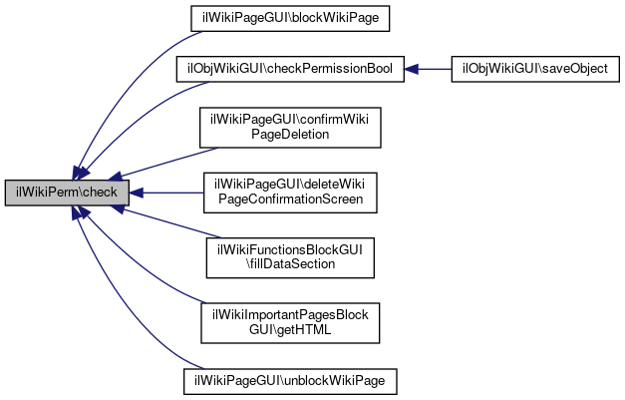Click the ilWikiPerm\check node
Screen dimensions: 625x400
[x=67, y=194]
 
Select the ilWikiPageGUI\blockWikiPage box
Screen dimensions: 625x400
[x=290, y=18]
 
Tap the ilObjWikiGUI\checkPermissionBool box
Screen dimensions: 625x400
[x=290, y=70]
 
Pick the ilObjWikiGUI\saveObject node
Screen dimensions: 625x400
[x=535, y=70]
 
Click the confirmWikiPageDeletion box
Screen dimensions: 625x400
[x=290, y=128]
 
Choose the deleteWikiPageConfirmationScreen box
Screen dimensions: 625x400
[x=290, y=193]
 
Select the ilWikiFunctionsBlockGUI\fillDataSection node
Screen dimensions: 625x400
[x=290, y=257]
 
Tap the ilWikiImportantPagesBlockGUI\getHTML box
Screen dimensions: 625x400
[x=290, y=323]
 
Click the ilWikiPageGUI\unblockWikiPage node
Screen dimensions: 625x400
[x=290, y=382]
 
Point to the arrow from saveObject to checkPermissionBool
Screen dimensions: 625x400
[x=428, y=70]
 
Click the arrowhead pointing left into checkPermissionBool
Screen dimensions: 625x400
[x=411, y=70]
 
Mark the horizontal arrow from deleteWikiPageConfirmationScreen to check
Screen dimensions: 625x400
[x=166, y=194]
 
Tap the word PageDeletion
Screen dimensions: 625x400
[x=290, y=135]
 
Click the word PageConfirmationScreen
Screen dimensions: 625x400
[x=291, y=200]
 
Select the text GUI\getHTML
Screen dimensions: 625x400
[x=290, y=330]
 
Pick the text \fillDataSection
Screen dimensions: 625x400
[x=291, y=264]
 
